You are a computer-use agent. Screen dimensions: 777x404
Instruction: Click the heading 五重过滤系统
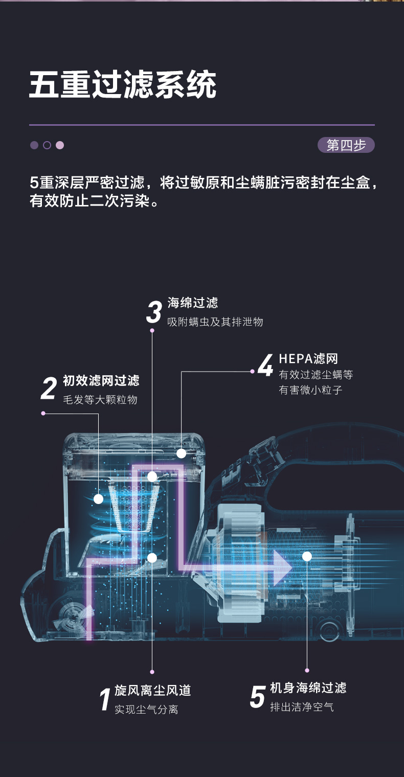coord(123,85)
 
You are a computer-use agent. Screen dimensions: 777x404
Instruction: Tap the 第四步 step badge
coord(346,145)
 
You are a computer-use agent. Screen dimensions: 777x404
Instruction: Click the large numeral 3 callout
coord(154,312)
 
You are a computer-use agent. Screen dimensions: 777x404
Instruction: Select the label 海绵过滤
coord(193,303)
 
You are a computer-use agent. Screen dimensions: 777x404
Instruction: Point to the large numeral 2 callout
coord(49,389)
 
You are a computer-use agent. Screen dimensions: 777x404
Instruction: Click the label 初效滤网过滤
coord(101,381)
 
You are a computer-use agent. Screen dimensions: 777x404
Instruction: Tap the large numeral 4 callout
coord(265,366)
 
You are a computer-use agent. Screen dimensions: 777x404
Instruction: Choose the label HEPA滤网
coord(308,359)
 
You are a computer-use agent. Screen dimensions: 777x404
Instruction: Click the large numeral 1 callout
coord(105,700)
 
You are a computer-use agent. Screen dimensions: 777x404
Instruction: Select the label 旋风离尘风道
coord(152,691)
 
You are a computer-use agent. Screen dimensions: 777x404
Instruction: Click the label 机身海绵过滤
coord(308,688)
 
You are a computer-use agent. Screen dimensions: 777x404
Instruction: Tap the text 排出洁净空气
coord(302,707)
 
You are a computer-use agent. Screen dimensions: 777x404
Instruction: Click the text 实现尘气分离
coord(146,710)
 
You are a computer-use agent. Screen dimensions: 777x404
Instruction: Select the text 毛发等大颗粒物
coord(100,400)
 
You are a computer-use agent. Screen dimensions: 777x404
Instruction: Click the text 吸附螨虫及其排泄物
coord(215,322)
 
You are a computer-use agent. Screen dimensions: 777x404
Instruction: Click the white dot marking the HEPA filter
coord(181,453)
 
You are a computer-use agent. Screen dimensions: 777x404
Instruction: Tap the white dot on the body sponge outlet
coord(307,556)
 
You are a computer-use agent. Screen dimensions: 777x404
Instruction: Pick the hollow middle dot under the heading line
coord(47,145)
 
